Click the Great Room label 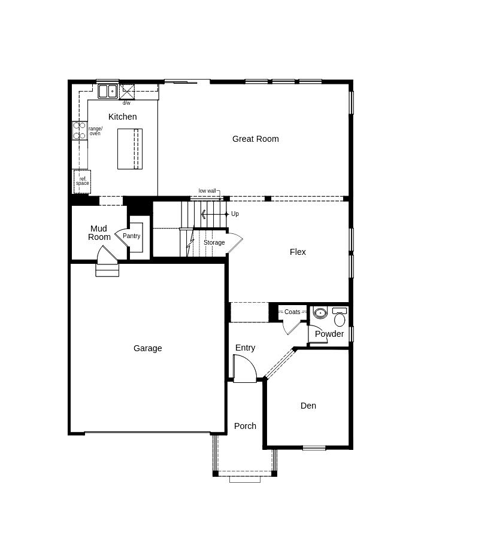[255, 139]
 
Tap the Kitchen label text [122, 117]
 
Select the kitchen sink [108, 91]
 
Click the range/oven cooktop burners [80, 130]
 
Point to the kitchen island [130, 149]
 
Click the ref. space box [82, 181]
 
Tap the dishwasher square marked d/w [126, 92]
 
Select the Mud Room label [99, 233]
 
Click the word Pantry [132, 236]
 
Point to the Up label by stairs [235, 214]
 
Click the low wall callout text [207, 191]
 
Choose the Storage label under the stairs [214, 242]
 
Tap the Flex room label [298, 252]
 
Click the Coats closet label [292, 312]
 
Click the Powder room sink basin [320, 312]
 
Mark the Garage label [148, 348]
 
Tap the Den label [308, 406]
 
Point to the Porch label [245, 426]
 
